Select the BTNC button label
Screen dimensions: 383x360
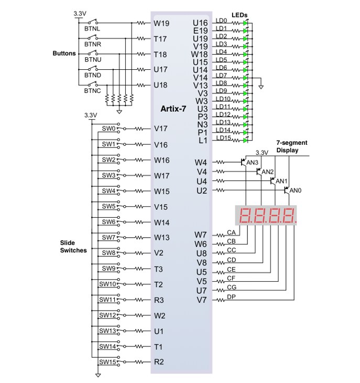click(92, 91)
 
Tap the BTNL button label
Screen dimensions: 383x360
click(92, 29)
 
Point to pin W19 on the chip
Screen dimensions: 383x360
click(160, 23)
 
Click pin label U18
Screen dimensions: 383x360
click(160, 85)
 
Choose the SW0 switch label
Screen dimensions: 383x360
click(108, 128)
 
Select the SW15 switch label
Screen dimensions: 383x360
click(107, 361)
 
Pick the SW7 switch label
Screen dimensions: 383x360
click(108, 237)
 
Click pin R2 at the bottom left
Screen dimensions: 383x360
click(159, 362)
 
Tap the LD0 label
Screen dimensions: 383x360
click(221, 21)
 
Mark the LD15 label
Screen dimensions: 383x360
click(223, 138)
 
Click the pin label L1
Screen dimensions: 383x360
click(203, 141)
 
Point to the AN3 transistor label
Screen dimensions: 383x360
click(253, 163)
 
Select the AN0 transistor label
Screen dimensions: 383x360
click(296, 190)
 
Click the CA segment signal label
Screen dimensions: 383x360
click(231, 232)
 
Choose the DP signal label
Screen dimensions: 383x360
click(231, 297)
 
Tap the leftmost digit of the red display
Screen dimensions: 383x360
click(245, 216)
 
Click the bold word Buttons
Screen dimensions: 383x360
click(64, 54)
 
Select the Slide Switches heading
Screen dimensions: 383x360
click(73, 247)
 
